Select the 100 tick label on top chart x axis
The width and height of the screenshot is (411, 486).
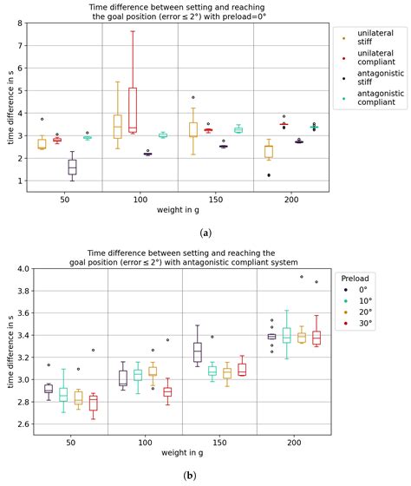140,199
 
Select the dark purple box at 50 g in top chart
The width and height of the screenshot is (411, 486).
72,167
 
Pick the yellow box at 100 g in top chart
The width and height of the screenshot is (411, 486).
117,127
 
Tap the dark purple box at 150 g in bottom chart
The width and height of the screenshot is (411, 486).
198,351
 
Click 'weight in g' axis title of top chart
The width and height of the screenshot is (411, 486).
179,211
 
